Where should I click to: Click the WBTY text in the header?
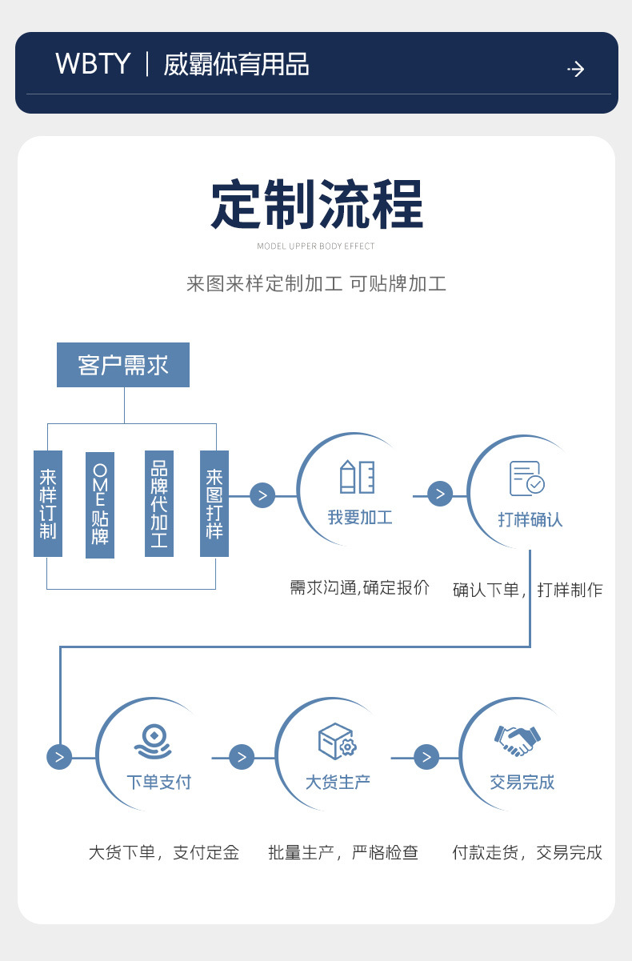pyautogui.click(x=93, y=64)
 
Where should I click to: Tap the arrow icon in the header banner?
pyautogui.click(x=576, y=69)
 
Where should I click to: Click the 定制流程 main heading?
pyautogui.click(x=317, y=206)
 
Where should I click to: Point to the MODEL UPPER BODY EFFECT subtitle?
pyautogui.click(x=316, y=246)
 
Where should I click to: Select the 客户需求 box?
pyautogui.click(x=123, y=365)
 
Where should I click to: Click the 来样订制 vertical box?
pyautogui.click(x=48, y=503)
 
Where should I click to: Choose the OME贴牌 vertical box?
pyautogui.click(x=100, y=504)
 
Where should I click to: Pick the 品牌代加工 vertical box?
pyautogui.click(x=159, y=503)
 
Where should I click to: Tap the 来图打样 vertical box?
pyautogui.click(x=214, y=503)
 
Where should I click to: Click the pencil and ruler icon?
pyautogui.click(x=358, y=476)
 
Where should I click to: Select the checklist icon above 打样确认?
pyautogui.click(x=527, y=478)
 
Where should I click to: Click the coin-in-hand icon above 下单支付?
pyautogui.click(x=153, y=741)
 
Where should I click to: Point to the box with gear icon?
pyautogui.click(x=337, y=742)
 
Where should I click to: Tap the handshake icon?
pyautogui.click(x=518, y=740)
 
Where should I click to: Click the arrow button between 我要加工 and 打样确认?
pyautogui.click(x=440, y=494)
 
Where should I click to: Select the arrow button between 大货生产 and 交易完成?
pyautogui.click(x=426, y=756)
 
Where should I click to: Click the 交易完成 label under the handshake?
pyautogui.click(x=522, y=782)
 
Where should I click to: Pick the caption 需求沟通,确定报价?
pyautogui.click(x=359, y=587)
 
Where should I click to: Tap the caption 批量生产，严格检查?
pyautogui.click(x=343, y=852)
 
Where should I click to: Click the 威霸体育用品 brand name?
pyautogui.click(x=236, y=64)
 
